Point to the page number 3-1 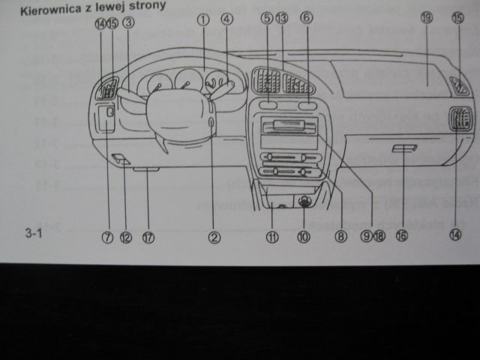click(x=35, y=235)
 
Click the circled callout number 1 click(x=202, y=20)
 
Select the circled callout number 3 click(x=128, y=22)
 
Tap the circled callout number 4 click(x=226, y=20)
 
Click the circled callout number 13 click(x=281, y=16)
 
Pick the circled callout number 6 click(x=305, y=16)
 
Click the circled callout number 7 click(x=107, y=237)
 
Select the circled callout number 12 click(x=125, y=237)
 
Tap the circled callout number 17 click(x=148, y=237)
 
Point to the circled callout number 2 click(x=214, y=237)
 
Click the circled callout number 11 click(x=272, y=236)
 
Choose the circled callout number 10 click(x=303, y=236)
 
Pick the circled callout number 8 click(x=341, y=236)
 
